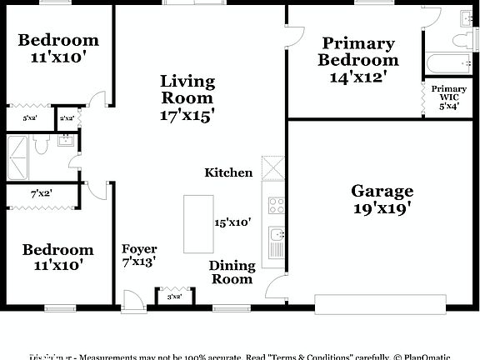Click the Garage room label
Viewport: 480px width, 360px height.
pos(382,191)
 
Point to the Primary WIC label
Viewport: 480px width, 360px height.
pos(449,92)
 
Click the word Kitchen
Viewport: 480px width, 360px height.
pos(228,172)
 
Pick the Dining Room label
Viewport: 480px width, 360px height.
pos(231,272)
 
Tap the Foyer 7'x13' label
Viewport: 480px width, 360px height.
pos(139,256)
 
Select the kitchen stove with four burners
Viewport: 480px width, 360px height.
pos(276,205)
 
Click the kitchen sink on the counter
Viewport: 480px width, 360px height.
pos(276,242)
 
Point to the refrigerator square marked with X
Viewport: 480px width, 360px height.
pos(272,167)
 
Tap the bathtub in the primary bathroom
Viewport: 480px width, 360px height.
pos(448,63)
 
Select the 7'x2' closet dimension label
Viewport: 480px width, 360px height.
pos(42,193)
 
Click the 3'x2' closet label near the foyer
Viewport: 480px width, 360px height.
pos(175,297)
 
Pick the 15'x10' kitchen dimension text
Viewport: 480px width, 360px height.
pos(232,222)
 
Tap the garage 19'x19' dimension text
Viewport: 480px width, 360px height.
pos(382,208)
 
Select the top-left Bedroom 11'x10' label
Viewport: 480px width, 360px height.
pos(58,48)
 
